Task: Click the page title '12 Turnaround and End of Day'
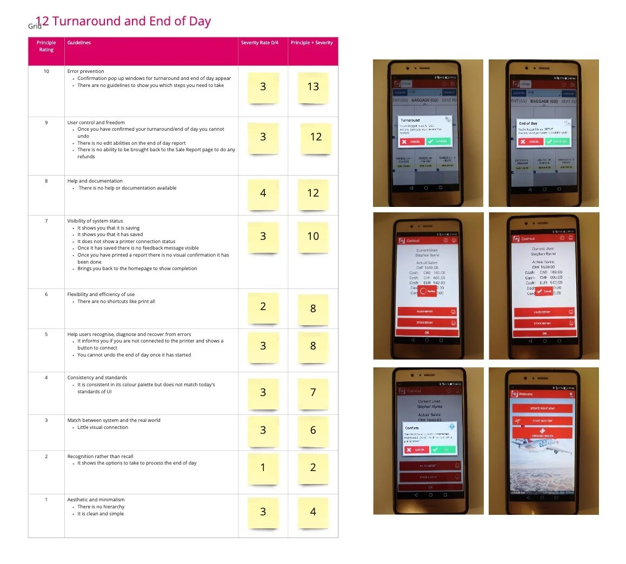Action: click(123, 22)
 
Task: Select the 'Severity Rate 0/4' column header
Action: click(259, 43)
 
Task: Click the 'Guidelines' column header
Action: click(79, 43)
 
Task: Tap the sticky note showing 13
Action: click(313, 87)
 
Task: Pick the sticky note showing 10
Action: click(313, 237)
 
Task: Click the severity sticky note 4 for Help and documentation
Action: click(263, 193)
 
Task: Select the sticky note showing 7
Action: click(313, 393)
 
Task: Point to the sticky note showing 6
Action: click(313, 431)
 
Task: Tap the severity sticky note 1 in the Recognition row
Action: click(263, 468)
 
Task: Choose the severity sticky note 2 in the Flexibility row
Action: click(263, 307)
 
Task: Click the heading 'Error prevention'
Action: click(85, 71)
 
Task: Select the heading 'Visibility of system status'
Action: click(95, 221)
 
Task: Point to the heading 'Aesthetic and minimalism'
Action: click(96, 500)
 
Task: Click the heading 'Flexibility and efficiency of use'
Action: click(101, 294)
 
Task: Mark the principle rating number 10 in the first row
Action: click(46, 71)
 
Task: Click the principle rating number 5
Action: click(46, 334)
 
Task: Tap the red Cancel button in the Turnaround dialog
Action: click(412, 142)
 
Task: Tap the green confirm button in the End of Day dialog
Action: click(557, 142)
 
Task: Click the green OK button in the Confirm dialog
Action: click(443, 449)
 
